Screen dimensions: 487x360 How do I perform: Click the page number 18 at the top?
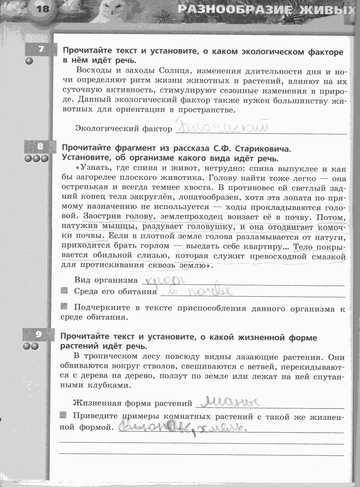[x=42, y=8]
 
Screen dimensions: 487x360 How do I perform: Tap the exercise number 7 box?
[x=40, y=49]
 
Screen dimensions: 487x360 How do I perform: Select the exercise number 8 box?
[x=40, y=146]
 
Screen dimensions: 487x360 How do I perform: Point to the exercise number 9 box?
[x=38, y=334]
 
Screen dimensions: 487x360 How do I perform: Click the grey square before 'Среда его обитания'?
[x=64, y=290]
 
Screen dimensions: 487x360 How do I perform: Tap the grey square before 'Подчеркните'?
[x=64, y=306]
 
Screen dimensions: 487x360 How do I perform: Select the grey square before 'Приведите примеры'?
[x=63, y=415]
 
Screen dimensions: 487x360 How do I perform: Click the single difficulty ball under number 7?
[x=29, y=61]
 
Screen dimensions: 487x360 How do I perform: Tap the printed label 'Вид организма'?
[x=106, y=280]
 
